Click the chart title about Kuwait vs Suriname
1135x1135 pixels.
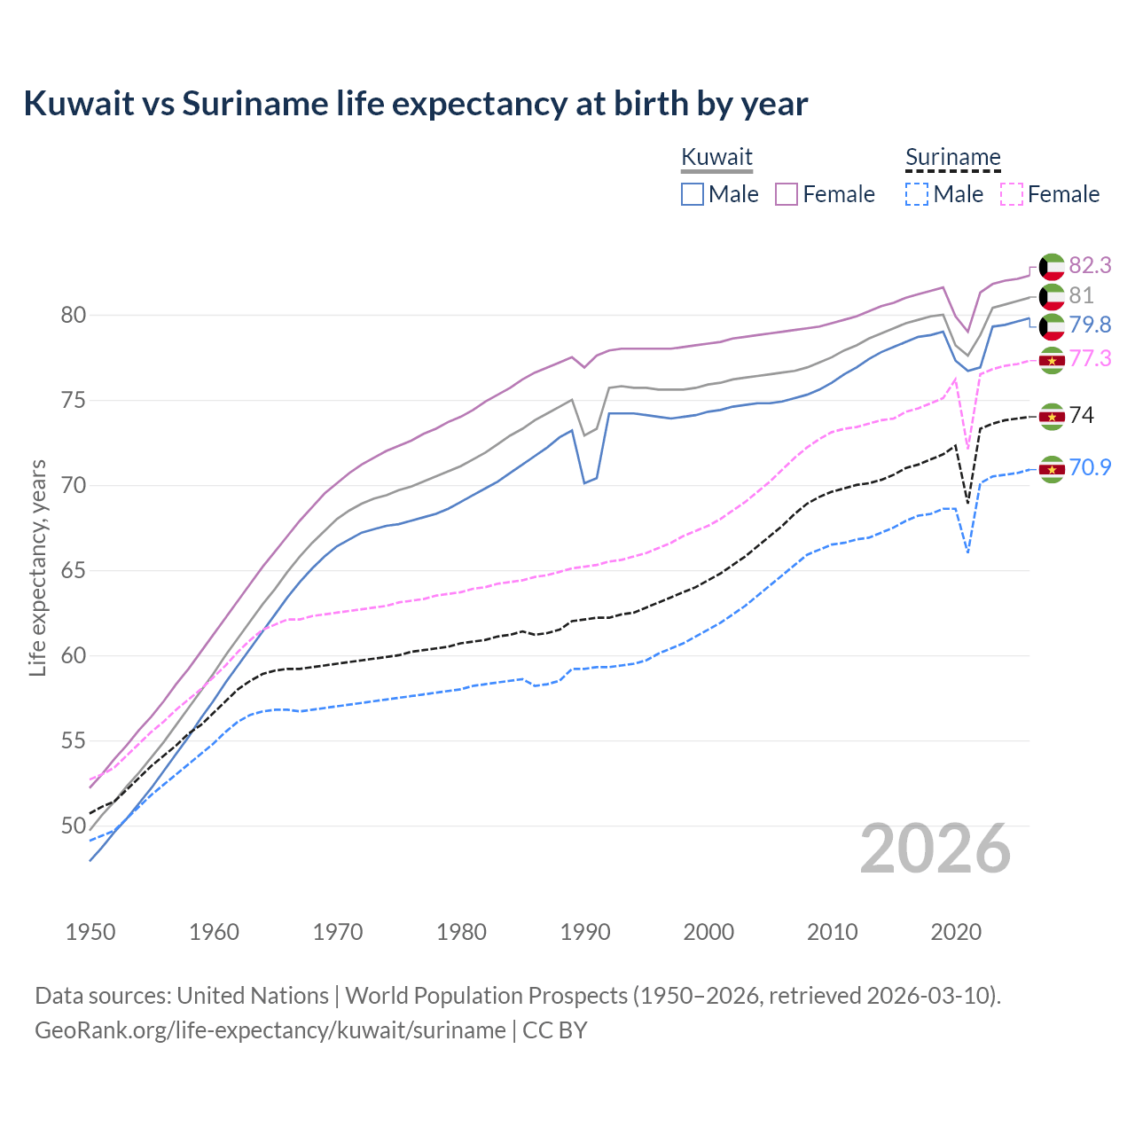click(415, 104)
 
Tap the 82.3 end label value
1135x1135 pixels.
click(1090, 265)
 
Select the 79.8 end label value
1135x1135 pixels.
click(1090, 325)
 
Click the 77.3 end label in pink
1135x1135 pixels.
click(1090, 358)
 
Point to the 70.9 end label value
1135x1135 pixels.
click(1090, 467)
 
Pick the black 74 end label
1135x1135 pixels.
click(1082, 415)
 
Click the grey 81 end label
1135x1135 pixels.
click(1081, 295)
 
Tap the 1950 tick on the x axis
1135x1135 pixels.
click(90, 932)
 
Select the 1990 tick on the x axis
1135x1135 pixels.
click(585, 932)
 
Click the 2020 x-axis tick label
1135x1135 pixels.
click(956, 932)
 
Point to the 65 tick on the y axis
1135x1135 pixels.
click(74, 570)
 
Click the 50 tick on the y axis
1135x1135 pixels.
click(74, 826)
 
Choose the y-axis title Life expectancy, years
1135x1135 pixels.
click(37, 567)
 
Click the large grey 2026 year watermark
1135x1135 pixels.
click(935, 849)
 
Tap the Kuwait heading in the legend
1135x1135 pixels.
click(716, 157)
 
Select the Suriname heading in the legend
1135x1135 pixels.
click(952, 157)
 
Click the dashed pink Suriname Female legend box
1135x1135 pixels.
click(1012, 194)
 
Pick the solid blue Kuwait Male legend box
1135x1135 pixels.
click(693, 194)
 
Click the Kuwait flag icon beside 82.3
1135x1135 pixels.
click(1052, 266)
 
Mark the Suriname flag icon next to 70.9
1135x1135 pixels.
click(1052, 468)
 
